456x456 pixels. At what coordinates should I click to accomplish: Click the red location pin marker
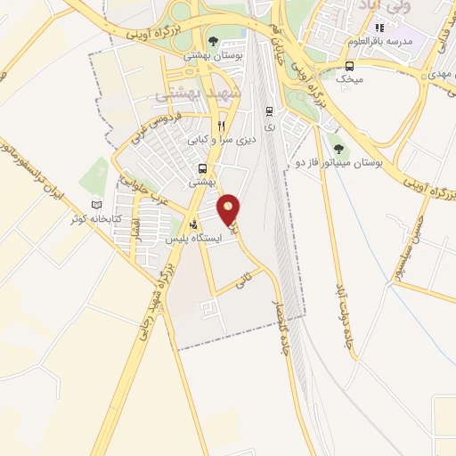click(230, 209)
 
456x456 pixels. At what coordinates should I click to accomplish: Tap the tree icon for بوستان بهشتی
click(212, 40)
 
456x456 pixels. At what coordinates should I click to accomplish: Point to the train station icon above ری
click(269, 111)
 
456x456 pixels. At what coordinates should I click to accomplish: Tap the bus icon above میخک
click(349, 65)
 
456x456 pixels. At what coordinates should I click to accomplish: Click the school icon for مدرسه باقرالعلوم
click(380, 28)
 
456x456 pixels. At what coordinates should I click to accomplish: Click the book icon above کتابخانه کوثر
click(97, 205)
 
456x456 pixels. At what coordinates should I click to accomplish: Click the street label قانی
click(241, 282)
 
